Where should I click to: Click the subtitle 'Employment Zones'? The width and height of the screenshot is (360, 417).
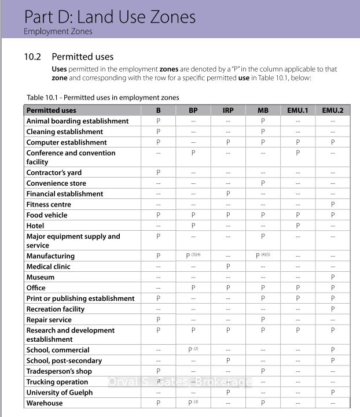point(58,31)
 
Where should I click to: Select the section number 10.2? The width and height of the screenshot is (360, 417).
point(32,57)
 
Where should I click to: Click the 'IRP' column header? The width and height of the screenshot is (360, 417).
point(228,110)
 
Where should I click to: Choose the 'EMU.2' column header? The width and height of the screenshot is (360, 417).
point(332,110)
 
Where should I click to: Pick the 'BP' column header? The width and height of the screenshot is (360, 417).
point(193,110)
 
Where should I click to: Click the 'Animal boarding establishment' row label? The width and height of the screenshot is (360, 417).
point(78,121)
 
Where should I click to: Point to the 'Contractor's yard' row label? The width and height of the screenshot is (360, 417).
point(54,172)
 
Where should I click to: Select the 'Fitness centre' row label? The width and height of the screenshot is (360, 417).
point(49,204)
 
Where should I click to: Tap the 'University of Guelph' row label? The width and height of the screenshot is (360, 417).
point(60,392)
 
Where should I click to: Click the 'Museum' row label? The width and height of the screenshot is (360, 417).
point(41,277)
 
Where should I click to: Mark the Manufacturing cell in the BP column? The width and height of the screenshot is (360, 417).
point(193,256)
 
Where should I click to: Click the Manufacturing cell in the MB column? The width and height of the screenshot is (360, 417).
point(263,256)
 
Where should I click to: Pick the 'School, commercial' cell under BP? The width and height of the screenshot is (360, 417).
point(193,350)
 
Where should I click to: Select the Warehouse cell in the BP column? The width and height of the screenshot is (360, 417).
point(193,403)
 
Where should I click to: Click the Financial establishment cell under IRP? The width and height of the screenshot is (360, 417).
point(228,194)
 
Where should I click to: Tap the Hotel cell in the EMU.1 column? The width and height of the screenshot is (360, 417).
point(297,226)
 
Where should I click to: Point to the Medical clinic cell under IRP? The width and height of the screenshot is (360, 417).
point(228,267)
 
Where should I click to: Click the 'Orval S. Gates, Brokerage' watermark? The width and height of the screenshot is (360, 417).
point(180,382)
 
